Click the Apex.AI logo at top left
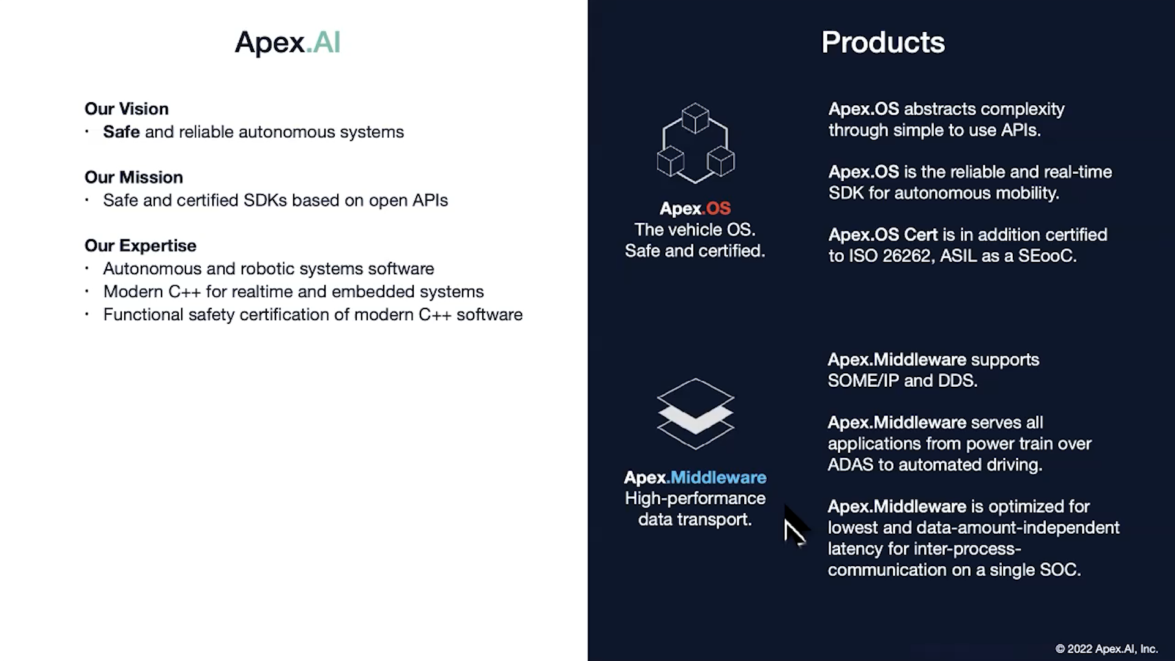point(287,43)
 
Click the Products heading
point(882,43)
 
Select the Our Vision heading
point(127,109)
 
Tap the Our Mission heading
point(133,177)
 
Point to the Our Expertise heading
point(140,245)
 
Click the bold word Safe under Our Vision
point(121,132)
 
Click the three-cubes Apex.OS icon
point(695,143)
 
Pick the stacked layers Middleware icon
point(695,414)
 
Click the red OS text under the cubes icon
point(718,209)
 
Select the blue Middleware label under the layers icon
point(718,477)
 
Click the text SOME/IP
point(863,381)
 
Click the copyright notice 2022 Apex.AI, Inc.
point(1106,649)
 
